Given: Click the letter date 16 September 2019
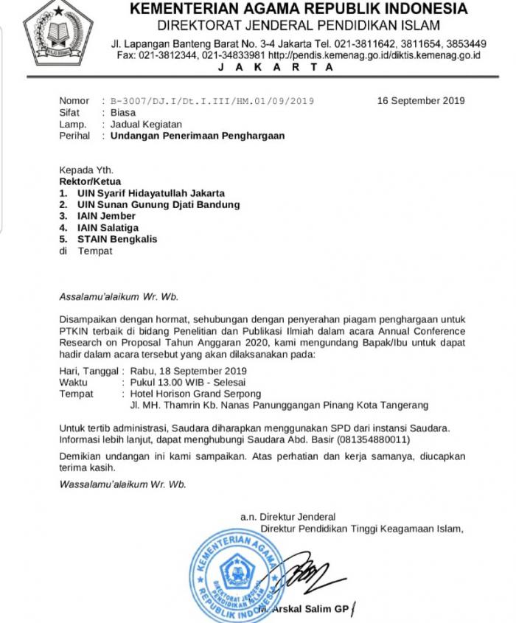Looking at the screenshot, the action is point(421,101).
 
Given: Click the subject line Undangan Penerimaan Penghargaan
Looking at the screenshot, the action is point(197,136).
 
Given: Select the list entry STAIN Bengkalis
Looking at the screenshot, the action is point(116,239).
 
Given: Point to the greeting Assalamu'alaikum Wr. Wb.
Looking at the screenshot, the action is point(119,297).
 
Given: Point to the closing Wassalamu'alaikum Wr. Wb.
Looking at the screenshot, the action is point(122,484).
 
